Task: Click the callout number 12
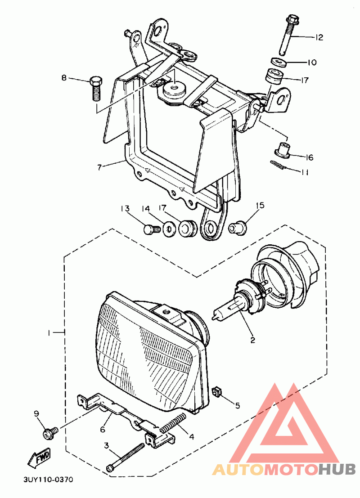click(x=319, y=37)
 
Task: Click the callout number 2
click(x=252, y=341)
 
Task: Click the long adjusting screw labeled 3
click(x=126, y=457)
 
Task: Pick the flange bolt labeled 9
click(x=48, y=433)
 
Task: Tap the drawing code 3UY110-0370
click(x=48, y=480)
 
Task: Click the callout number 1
click(x=50, y=333)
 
